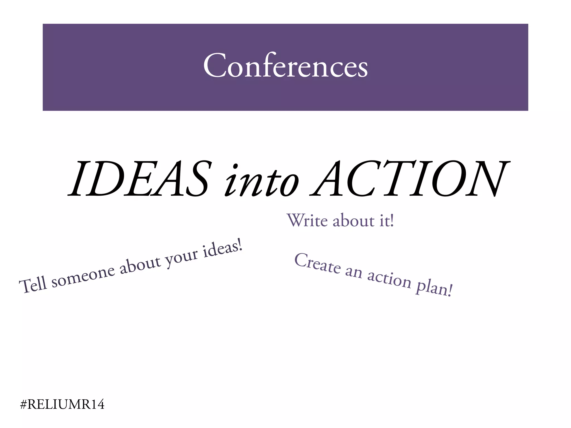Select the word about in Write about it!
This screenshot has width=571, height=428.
tap(354, 221)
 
